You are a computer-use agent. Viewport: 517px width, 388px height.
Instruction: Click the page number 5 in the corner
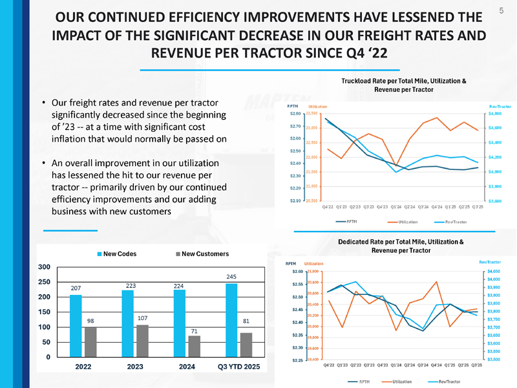pos(501,11)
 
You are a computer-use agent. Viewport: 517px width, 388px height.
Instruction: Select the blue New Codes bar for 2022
pos(76,326)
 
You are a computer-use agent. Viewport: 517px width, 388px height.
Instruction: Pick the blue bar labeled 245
pos(231,320)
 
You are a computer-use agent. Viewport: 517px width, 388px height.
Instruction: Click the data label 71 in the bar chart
pos(194,330)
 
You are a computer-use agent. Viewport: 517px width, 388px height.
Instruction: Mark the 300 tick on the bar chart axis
pos(44,266)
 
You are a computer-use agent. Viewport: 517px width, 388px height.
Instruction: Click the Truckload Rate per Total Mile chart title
pos(403,85)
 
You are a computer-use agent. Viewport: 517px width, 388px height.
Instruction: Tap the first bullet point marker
pos(43,103)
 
